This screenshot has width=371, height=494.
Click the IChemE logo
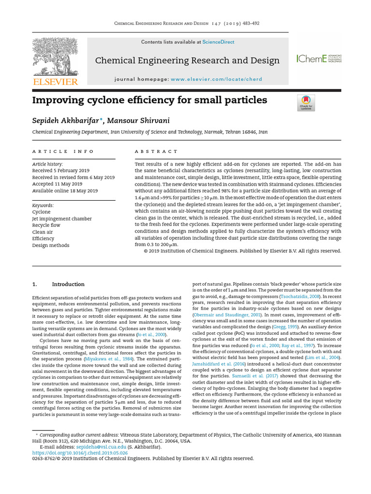point(319,59)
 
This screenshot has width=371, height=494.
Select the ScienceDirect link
point(218,42)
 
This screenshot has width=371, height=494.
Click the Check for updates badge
point(306,103)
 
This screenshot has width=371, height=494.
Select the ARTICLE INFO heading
point(63,151)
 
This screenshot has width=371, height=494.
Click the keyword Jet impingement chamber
point(62,219)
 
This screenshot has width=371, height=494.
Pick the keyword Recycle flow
point(46,225)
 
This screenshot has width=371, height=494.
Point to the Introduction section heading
point(68,284)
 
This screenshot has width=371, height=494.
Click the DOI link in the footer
point(80,453)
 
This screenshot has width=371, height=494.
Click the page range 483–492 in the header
point(246,24)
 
